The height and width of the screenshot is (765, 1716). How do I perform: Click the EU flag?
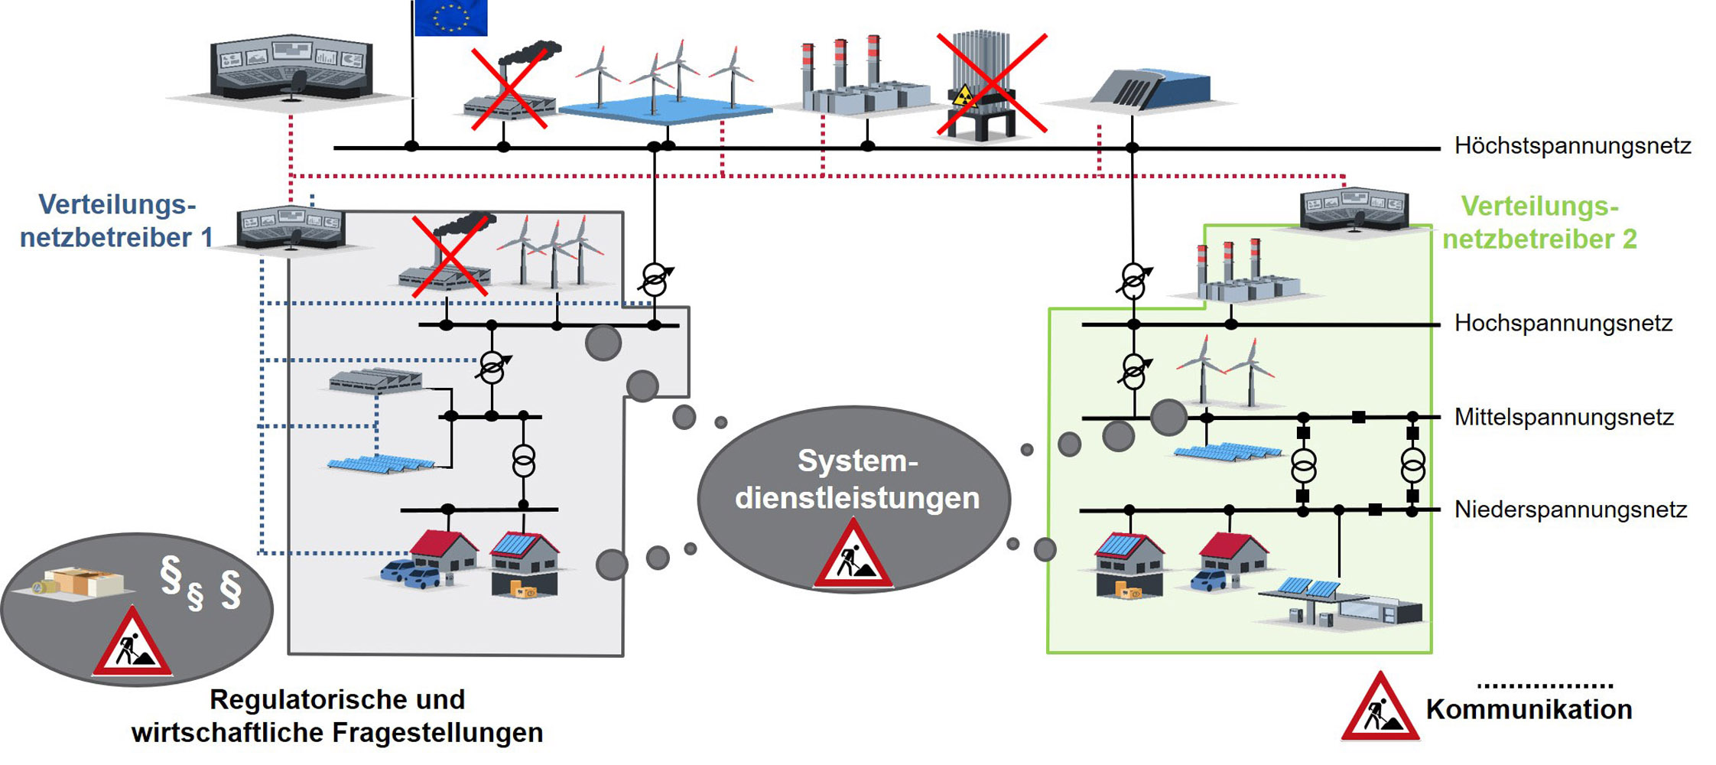point(450,18)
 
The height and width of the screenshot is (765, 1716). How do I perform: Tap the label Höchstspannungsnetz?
point(1571,145)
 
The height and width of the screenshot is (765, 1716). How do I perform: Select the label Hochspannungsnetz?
point(1562,323)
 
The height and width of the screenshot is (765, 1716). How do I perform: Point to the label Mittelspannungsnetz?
point(1563,417)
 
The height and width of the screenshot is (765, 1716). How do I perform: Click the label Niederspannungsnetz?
point(1570,509)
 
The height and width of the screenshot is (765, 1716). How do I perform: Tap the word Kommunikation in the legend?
point(1528,709)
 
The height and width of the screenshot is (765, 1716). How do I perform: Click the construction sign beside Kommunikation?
point(1380,709)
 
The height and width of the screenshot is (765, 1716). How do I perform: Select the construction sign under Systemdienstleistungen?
point(853,556)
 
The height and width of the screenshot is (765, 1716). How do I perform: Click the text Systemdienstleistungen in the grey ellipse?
point(856,480)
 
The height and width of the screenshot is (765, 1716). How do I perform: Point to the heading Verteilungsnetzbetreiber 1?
point(117,221)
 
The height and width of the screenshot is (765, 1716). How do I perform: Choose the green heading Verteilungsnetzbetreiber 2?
point(1539,223)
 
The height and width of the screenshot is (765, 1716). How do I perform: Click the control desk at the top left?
point(291,69)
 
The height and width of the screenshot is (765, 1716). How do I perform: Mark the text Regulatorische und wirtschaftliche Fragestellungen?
point(337,716)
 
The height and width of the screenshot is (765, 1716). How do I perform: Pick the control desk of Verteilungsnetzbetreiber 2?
point(1354,210)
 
